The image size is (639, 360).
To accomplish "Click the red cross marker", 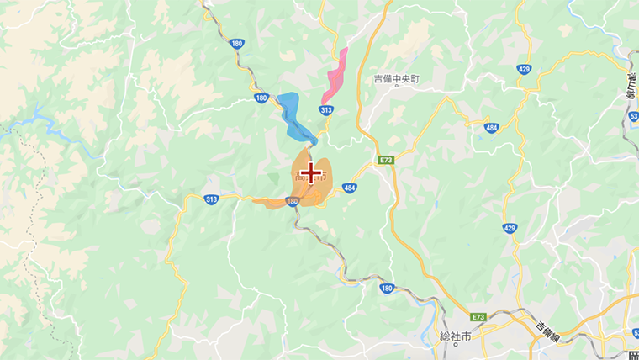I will pyautogui.click(x=311, y=173).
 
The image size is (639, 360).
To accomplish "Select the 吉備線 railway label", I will pyautogui.click(x=551, y=326).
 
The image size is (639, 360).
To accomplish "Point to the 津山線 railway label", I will pyautogui.click(x=630, y=84).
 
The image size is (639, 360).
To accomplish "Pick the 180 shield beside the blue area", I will pyautogui.click(x=261, y=98).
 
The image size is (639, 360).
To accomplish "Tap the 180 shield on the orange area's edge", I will pyautogui.click(x=292, y=201).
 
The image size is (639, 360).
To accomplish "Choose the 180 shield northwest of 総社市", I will pyautogui.click(x=386, y=289).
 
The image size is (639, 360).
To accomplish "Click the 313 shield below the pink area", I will pyautogui.click(x=326, y=110).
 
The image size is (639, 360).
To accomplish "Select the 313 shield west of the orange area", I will pyautogui.click(x=211, y=199).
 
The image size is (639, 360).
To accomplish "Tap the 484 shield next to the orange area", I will pyautogui.click(x=351, y=188).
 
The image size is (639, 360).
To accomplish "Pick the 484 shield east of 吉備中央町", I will pyautogui.click(x=491, y=127).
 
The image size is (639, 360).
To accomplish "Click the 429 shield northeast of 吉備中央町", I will pyautogui.click(x=525, y=69).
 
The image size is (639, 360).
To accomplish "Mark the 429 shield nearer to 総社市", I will pyautogui.click(x=510, y=228).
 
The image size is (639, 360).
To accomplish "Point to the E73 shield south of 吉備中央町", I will pyautogui.click(x=386, y=159).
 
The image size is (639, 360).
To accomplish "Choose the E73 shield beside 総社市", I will pyautogui.click(x=478, y=317).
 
